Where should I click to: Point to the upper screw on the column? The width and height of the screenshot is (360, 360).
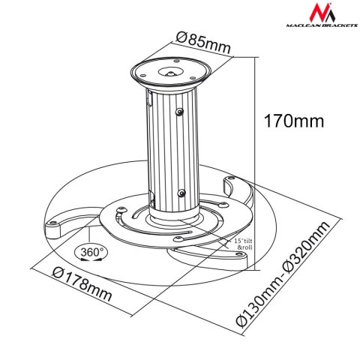pyautogui.click(x=180, y=112)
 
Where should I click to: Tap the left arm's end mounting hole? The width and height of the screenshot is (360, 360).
pyautogui.click(x=55, y=223)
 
